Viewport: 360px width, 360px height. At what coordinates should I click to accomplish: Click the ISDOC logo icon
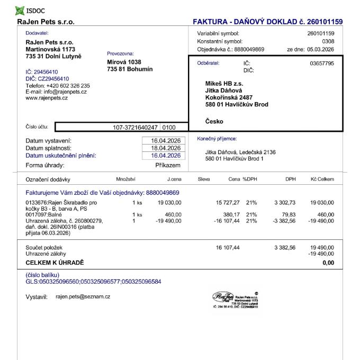click(x=20, y=10)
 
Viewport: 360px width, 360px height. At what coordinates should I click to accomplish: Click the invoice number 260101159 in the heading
click(x=324, y=22)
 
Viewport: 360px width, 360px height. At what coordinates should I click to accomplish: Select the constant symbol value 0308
click(x=328, y=41)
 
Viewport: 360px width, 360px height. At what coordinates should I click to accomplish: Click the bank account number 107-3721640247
click(x=136, y=127)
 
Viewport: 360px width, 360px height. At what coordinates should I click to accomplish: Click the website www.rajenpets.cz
click(x=47, y=98)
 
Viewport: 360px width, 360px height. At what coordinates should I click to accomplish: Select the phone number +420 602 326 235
click(x=68, y=85)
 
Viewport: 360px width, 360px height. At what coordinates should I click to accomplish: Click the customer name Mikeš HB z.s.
click(x=224, y=84)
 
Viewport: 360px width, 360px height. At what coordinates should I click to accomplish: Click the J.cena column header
click(x=174, y=179)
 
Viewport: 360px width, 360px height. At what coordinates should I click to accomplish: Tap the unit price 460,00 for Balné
click(x=173, y=214)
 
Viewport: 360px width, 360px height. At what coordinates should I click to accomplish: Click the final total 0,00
click(x=328, y=263)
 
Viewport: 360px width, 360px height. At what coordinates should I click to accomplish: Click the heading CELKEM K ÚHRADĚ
click(x=55, y=263)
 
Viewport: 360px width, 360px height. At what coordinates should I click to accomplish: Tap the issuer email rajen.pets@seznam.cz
click(x=83, y=296)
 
